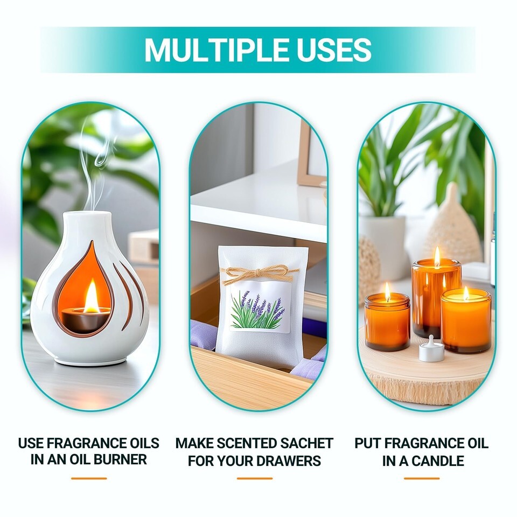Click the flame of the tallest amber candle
437,256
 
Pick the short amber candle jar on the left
387,322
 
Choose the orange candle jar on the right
466,320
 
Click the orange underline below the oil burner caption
89,478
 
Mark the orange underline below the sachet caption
255,478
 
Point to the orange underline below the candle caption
422,478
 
